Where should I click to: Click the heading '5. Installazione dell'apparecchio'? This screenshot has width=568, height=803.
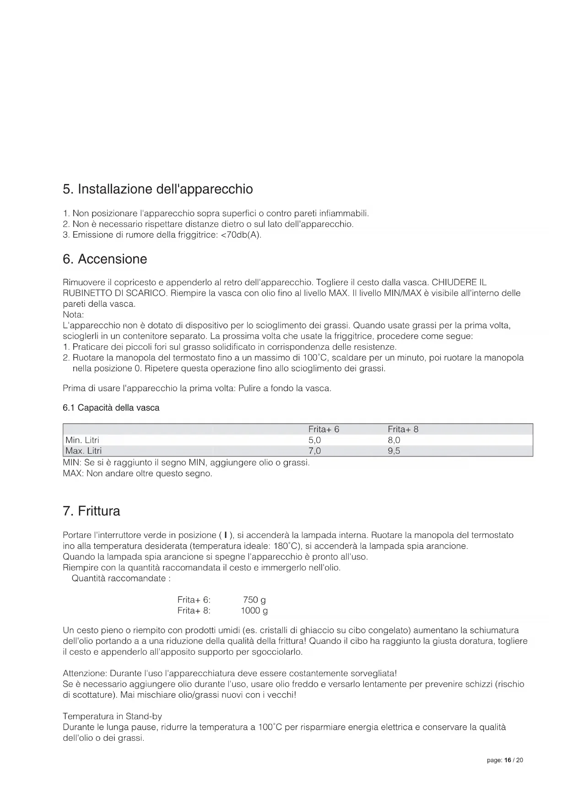tap(157, 189)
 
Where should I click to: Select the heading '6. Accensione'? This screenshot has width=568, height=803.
tap(105, 259)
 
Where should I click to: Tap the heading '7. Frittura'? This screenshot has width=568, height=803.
tap(92, 511)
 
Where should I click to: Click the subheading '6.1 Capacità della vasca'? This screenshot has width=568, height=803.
tap(111, 407)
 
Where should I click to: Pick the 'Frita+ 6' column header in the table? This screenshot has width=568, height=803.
tap(324, 429)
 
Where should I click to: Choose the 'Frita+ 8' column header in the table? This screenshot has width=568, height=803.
tap(403, 429)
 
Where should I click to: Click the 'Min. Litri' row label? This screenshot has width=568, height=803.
tap(82, 440)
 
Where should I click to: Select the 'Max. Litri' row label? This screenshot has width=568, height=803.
tap(83, 451)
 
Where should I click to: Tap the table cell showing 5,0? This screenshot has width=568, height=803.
tap(314, 440)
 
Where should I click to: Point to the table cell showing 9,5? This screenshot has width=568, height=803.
tap(394, 451)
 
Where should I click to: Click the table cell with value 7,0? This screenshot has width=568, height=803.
tap(314, 451)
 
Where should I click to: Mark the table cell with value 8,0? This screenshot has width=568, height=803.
tap(394, 440)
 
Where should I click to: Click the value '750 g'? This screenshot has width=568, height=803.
tap(254, 600)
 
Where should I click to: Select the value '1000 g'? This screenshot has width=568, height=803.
tap(254, 611)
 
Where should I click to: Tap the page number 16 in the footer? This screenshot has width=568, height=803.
tap(507, 760)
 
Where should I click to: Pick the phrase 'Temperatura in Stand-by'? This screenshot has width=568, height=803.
tap(112, 716)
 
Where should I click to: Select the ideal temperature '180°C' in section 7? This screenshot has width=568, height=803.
tap(286, 546)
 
